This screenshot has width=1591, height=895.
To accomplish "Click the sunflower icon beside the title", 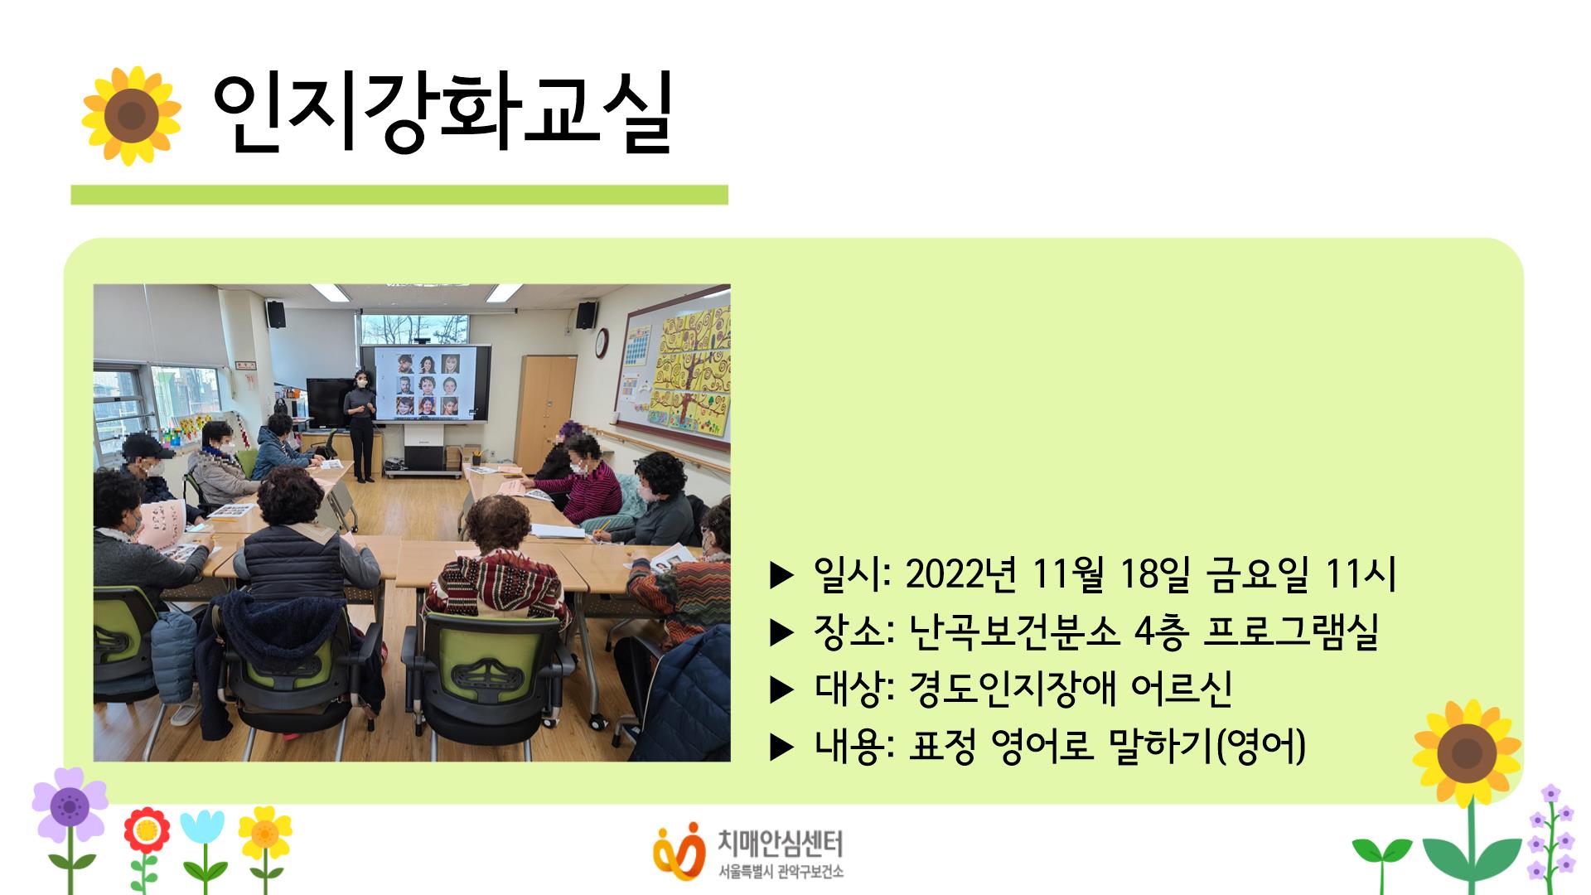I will coord(131,116).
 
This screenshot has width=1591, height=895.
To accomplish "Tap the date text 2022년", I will coord(961,574).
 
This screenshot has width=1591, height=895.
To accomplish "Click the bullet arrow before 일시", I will coord(781,575).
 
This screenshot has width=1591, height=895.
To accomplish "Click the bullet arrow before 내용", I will coord(781,747).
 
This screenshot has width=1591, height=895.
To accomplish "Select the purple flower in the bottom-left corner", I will coord(70,804).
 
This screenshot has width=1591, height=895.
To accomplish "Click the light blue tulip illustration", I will coord(202,829).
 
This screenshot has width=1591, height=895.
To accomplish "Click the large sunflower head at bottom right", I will coord(1467,754).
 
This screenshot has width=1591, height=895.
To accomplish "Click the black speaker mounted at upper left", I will coord(276,314).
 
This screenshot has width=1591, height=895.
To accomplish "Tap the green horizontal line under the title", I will coord(399,195).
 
